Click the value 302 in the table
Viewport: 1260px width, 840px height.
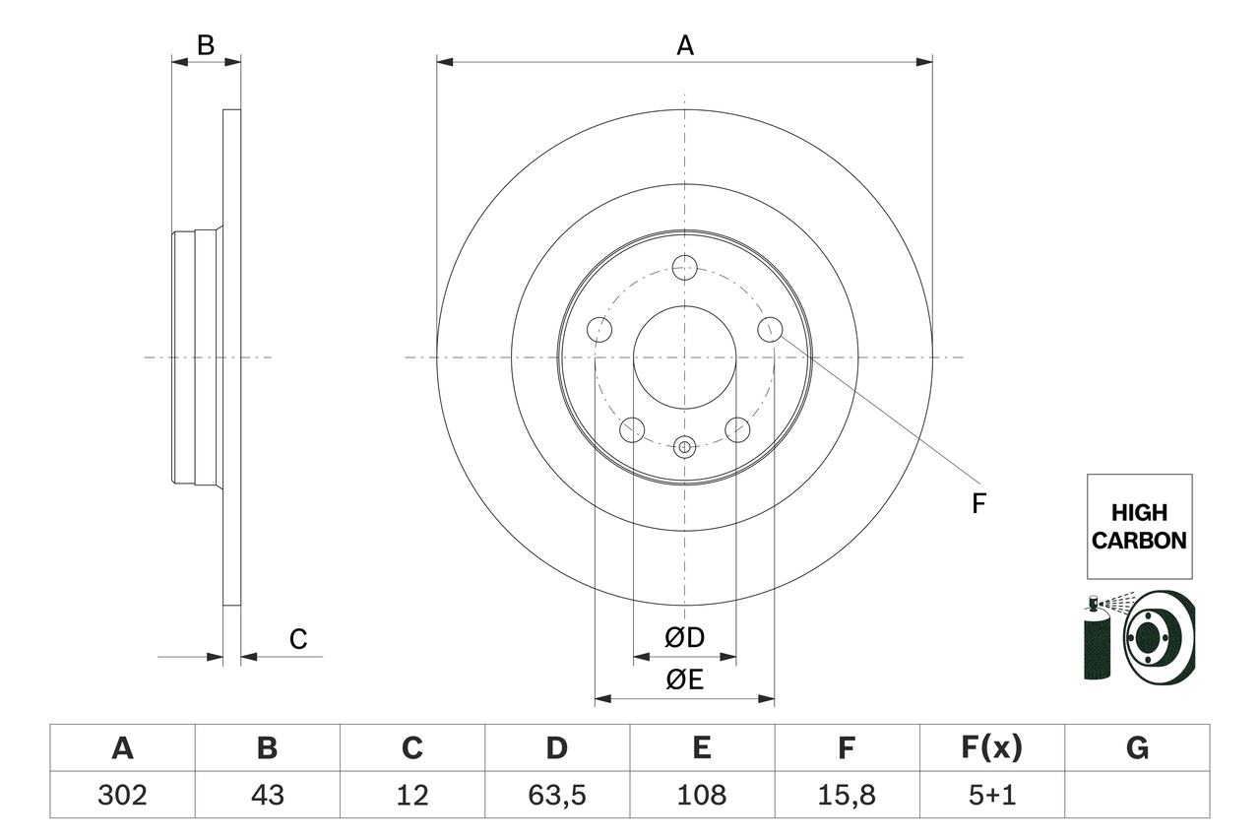[x=122, y=795]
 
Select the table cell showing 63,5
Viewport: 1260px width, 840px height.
[x=556, y=795]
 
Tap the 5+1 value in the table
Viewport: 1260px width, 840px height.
[x=991, y=795]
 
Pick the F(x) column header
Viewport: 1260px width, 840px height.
[x=991, y=748]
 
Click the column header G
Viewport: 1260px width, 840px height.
[x=1137, y=748]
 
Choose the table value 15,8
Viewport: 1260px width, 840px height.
[x=847, y=795]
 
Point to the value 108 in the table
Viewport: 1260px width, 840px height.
[x=701, y=795]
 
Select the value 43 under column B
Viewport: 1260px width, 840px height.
[x=267, y=795]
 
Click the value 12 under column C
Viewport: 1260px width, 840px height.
[x=411, y=795]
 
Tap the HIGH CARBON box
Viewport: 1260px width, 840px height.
[x=1139, y=527]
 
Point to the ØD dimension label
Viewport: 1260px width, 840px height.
[x=685, y=638]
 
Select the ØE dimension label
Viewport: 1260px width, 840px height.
[x=685, y=680]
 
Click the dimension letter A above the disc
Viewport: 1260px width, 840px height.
[x=685, y=45]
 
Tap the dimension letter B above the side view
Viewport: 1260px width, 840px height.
[x=205, y=45]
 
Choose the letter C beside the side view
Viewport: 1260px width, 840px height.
[x=298, y=639]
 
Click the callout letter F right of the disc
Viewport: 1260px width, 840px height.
[x=978, y=504]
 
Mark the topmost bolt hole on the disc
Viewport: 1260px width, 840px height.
[x=684, y=267]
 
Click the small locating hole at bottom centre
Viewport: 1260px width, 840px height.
[x=684, y=447]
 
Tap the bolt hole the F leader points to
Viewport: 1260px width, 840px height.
[x=770, y=329]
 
